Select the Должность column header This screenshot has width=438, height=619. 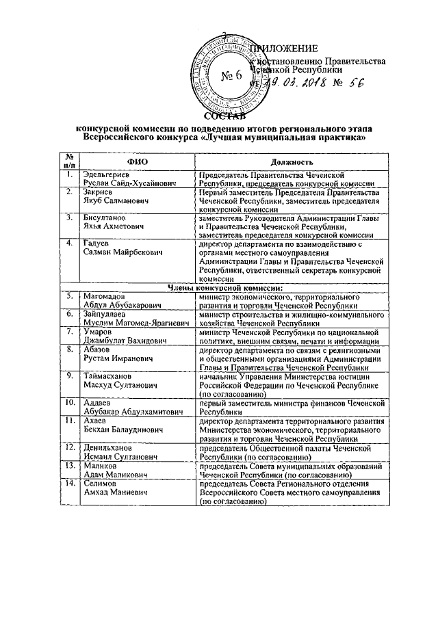click(292, 161)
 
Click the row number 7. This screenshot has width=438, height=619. click(68, 331)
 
